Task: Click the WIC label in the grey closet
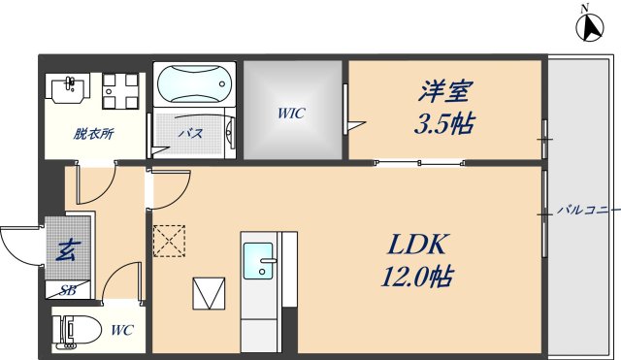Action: (291, 114)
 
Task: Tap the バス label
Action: (189, 134)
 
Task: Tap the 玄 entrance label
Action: (67, 250)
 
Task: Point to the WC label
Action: (120, 331)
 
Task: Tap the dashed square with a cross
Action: (169, 240)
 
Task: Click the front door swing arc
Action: (16, 247)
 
